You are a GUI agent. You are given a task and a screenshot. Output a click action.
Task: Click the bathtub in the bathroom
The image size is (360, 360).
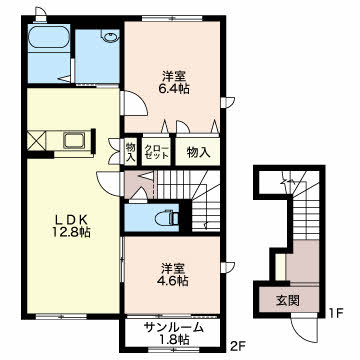[49, 38]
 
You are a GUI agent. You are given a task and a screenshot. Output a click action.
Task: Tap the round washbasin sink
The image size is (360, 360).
[110, 36]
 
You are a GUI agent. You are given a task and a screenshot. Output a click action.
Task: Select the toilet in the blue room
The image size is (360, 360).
[167, 218]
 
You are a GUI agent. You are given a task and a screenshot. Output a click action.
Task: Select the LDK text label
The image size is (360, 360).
[71, 219]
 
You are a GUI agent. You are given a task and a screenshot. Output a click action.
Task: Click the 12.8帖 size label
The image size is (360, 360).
[71, 232]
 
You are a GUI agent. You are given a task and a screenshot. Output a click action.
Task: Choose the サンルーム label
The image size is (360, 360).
[173, 328]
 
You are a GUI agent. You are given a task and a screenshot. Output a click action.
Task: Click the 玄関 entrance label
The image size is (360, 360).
[288, 301]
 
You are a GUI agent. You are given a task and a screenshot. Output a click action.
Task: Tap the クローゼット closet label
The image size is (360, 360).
[156, 152]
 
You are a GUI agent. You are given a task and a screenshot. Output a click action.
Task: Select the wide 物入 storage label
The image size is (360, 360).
[198, 152]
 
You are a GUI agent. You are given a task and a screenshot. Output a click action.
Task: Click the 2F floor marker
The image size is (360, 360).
[236, 347]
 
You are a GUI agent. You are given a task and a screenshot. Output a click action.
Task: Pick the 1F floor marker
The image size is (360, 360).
[336, 314]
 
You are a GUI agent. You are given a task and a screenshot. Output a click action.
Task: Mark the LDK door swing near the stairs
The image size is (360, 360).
[108, 183]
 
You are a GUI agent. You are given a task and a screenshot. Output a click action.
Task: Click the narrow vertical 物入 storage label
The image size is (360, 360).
[130, 152]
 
